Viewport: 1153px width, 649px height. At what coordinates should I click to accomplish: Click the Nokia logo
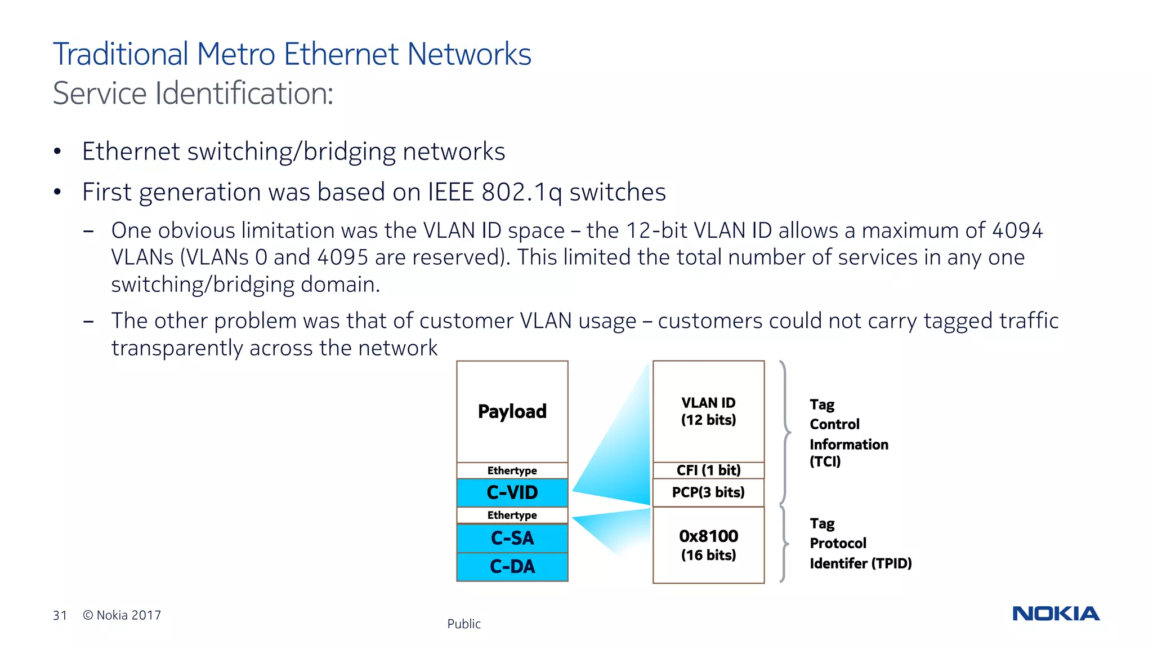1056,614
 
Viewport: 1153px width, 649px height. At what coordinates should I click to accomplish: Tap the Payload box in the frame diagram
512,411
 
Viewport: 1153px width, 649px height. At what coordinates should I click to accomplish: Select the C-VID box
512,492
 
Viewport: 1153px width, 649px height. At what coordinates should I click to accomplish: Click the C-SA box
512,538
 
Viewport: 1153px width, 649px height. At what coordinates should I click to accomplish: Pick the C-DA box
512,566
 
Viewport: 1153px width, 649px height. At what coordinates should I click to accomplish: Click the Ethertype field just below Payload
512,470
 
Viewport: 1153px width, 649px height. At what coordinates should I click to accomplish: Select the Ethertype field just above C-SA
512,515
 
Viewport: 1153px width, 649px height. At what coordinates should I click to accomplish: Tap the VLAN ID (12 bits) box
708,411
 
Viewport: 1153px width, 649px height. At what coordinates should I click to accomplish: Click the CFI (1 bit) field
708,470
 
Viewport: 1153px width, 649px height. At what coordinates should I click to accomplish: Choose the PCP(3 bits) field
708,492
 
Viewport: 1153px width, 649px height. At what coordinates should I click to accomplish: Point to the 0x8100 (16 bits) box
708,545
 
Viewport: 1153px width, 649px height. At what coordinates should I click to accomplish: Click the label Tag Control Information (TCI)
848,433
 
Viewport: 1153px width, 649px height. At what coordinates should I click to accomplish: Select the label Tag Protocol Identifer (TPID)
860,544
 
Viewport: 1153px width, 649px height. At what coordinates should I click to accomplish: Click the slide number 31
60,615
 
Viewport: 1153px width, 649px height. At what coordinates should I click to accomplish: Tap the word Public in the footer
464,624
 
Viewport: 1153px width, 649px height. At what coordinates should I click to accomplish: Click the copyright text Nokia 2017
123,615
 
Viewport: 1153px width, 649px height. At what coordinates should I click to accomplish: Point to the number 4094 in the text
1017,230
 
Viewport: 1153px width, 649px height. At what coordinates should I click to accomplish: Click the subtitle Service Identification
193,93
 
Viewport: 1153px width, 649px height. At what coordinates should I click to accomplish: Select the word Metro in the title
236,54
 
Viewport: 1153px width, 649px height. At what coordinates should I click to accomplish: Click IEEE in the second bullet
450,192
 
